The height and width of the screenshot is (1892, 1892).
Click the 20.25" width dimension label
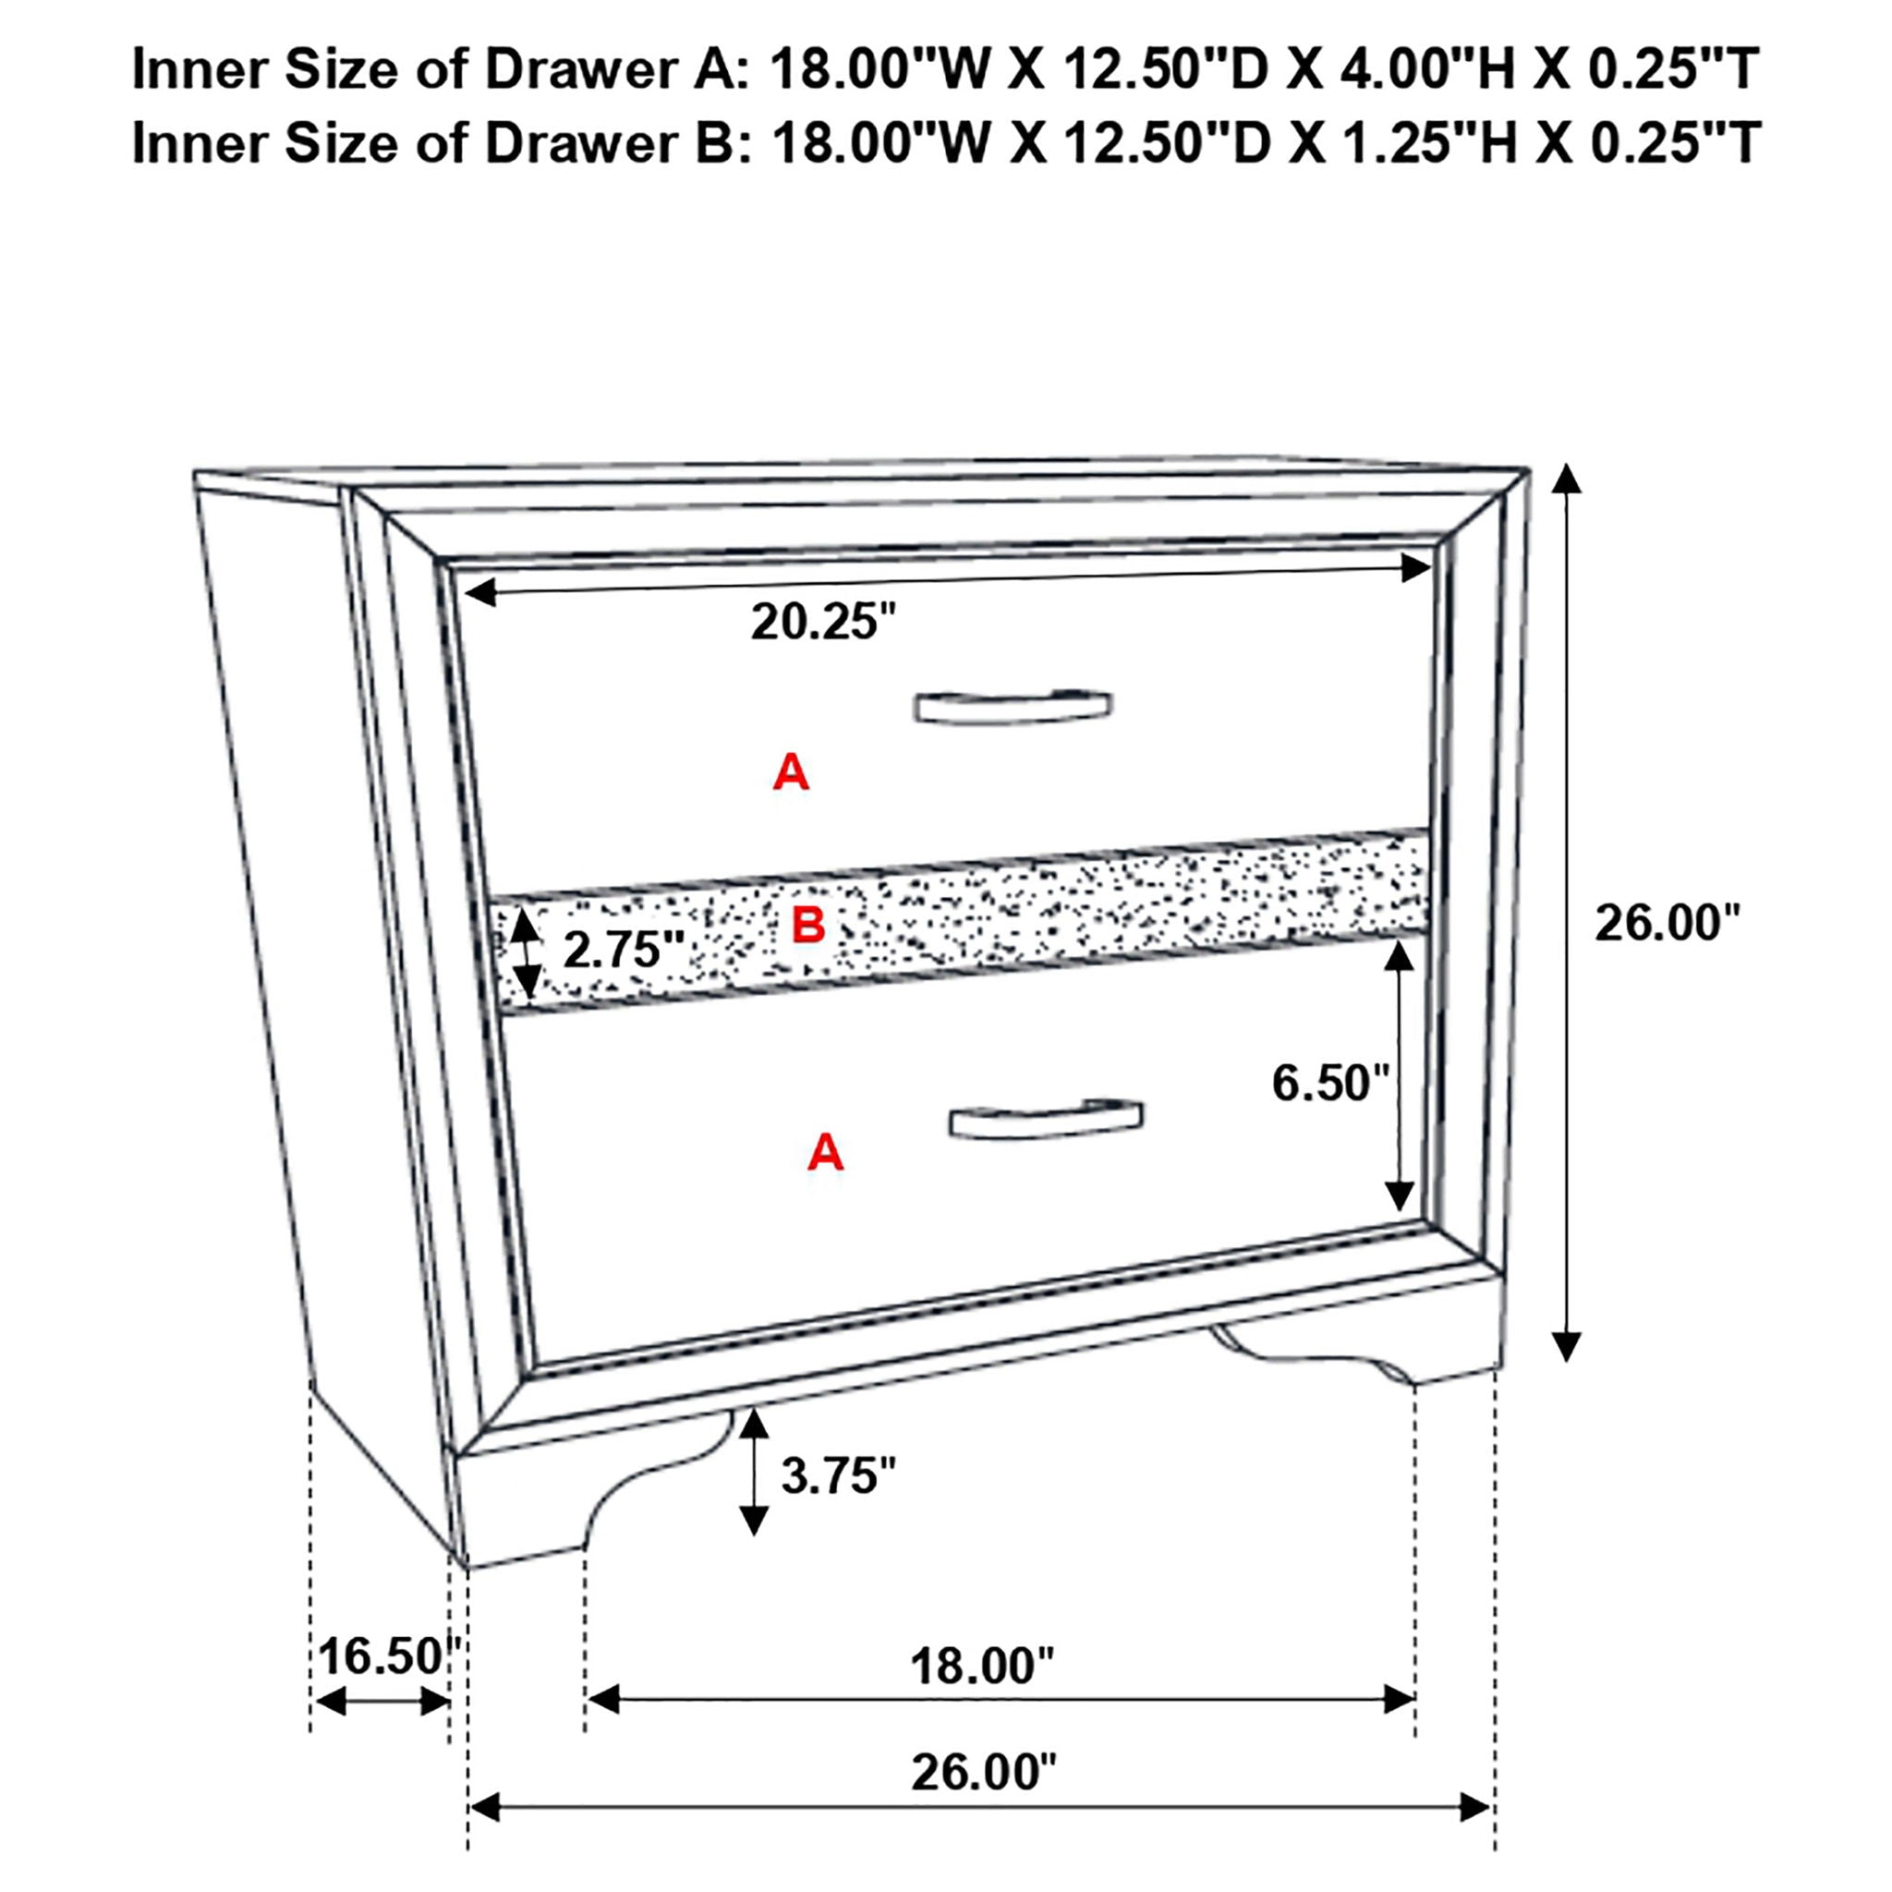[x=822, y=621]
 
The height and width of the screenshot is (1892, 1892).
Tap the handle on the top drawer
[x=1013, y=707]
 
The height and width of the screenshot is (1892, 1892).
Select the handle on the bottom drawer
[x=1045, y=1119]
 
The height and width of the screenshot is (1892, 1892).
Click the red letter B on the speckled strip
[x=808, y=925]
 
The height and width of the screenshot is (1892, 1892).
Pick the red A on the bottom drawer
[x=825, y=1153]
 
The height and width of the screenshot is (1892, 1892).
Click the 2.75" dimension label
[x=623, y=949]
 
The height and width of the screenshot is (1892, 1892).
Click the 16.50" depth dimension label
[x=388, y=1656]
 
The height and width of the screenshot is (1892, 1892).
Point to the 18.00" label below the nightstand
[x=981, y=1666]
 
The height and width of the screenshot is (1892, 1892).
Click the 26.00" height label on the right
[x=1667, y=923]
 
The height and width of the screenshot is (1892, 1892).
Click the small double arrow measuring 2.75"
[x=527, y=952]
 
